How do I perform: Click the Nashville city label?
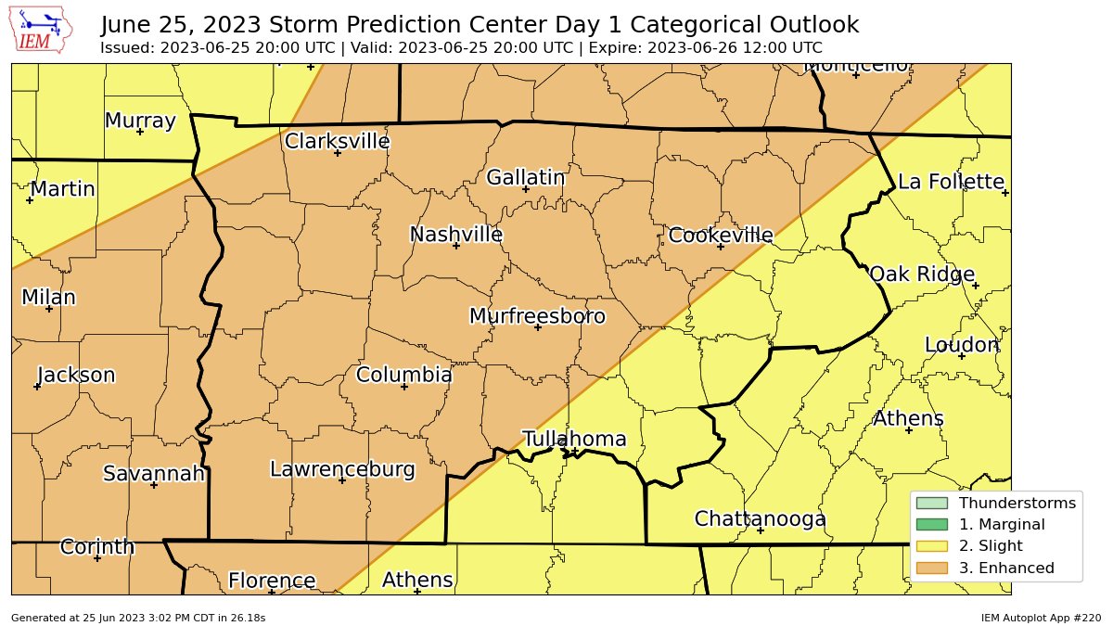(x=455, y=235)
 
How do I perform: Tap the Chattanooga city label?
(x=760, y=519)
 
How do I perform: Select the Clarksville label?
(x=337, y=142)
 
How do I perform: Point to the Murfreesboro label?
(x=537, y=316)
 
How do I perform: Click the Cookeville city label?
(x=720, y=236)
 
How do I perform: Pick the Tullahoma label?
(x=574, y=440)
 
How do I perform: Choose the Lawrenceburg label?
(x=341, y=469)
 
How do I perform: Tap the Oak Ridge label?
(x=921, y=275)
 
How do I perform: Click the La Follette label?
(x=951, y=182)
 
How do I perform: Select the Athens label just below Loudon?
(x=908, y=419)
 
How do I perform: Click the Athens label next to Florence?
(x=417, y=581)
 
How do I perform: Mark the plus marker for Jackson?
(x=37, y=387)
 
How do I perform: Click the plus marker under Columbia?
(x=404, y=387)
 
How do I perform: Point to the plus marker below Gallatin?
(x=525, y=189)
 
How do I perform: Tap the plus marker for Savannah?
(x=154, y=485)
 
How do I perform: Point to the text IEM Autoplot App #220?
(x=1041, y=618)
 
